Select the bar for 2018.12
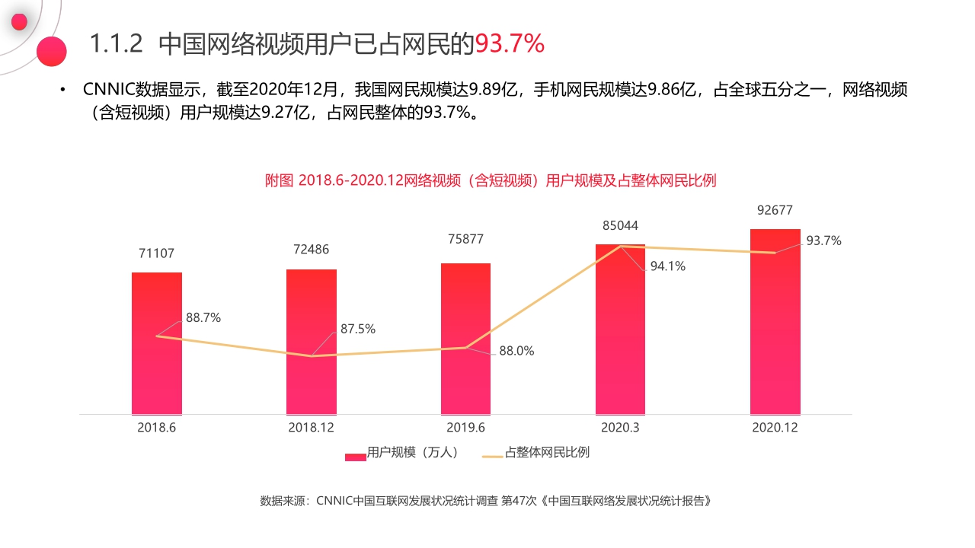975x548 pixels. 312,381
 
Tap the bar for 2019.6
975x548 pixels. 465,381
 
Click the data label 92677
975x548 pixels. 775,210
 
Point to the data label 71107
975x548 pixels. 157,253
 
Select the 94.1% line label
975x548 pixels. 668,266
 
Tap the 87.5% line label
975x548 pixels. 358,329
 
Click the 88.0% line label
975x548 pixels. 516,352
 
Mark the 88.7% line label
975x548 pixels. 203,318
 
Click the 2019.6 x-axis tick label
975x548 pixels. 465,428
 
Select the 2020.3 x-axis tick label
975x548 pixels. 620,428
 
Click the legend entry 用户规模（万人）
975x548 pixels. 404,453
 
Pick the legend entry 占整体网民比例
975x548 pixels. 537,453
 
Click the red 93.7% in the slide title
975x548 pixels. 510,44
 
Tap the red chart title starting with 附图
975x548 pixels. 491,180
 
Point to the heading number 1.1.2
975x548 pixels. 117,44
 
